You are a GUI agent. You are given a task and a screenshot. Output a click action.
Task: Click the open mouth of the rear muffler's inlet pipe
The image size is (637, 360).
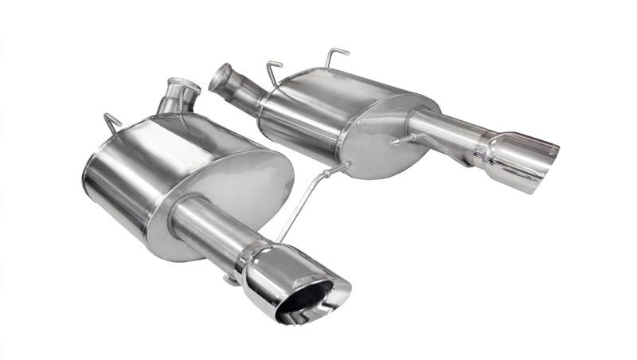(219, 77)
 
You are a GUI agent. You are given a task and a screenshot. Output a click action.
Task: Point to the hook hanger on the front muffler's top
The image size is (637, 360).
(112, 123)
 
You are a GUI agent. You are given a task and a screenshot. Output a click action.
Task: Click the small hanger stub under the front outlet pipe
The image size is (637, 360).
(229, 278)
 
